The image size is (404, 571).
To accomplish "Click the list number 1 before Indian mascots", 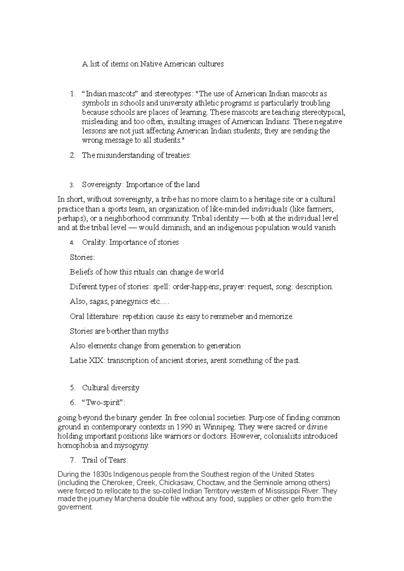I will click(x=72, y=94).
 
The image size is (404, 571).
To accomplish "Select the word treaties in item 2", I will click(x=177, y=155).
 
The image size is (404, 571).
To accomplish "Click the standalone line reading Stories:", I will click(x=82, y=257).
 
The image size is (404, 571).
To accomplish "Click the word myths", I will click(x=158, y=331).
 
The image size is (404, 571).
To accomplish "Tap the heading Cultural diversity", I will click(x=110, y=388).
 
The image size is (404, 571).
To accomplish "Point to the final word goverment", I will click(x=75, y=507).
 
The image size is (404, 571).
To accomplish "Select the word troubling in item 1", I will click(x=315, y=103).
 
